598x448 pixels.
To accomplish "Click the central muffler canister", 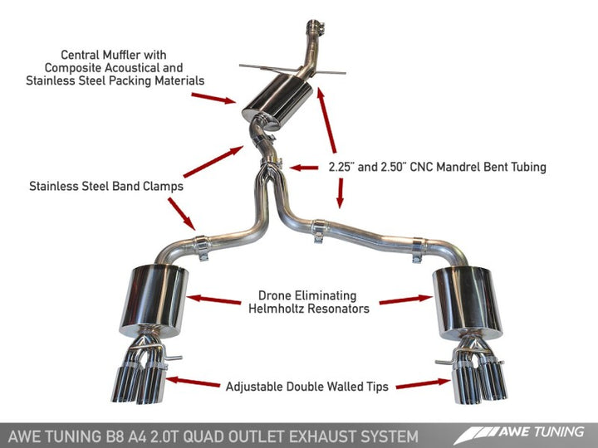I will (x=270, y=105).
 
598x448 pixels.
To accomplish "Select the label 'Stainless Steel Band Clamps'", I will (x=105, y=186).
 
